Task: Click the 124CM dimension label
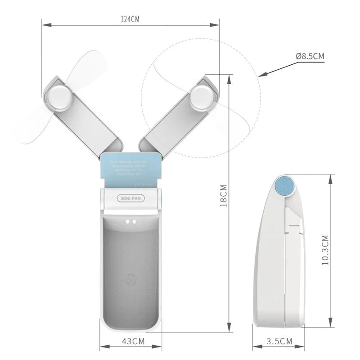(x=130, y=19)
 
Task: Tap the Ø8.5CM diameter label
(x=310, y=56)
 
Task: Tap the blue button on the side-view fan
(x=284, y=185)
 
